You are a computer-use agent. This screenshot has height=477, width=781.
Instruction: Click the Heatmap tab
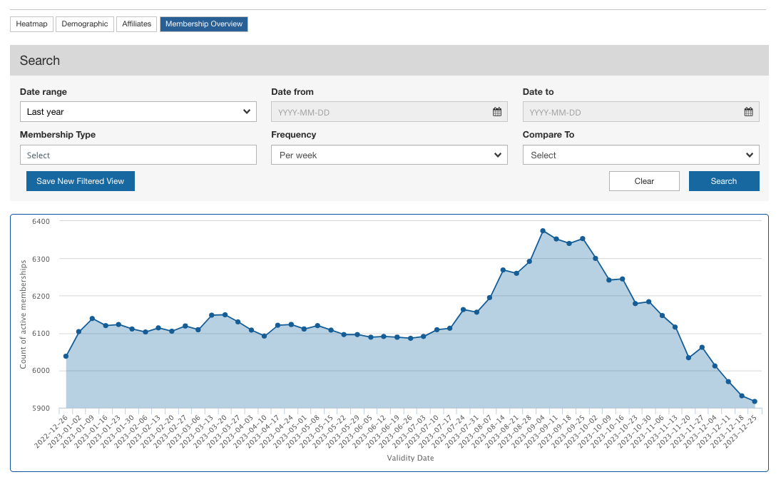point(32,24)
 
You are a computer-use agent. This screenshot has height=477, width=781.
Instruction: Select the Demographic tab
point(85,24)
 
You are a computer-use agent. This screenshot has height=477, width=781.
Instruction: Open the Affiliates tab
point(136,24)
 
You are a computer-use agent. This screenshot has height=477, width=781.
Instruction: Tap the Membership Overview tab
point(204,24)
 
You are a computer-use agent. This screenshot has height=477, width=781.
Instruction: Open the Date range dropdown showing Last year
point(138,111)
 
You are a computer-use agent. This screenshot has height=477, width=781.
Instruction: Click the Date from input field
point(389,112)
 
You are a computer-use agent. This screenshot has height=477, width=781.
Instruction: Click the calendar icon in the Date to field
point(749,112)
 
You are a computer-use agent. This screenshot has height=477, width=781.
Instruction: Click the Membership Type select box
point(138,155)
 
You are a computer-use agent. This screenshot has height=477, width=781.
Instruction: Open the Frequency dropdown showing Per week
point(389,155)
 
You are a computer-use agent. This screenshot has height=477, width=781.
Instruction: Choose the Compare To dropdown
point(640,155)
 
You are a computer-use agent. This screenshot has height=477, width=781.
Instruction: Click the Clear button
point(644,181)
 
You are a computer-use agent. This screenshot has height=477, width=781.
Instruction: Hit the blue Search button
point(724,181)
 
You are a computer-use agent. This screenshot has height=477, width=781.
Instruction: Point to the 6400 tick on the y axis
point(41,221)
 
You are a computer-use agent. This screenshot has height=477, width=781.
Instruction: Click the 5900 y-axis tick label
point(41,408)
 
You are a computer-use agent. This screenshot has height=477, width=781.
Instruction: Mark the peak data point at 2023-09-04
point(543,231)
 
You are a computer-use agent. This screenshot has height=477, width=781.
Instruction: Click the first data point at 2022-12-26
point(66,356)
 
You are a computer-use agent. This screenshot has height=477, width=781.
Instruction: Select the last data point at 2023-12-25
point(755,401)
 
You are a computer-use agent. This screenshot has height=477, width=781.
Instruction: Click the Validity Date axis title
point(410,458)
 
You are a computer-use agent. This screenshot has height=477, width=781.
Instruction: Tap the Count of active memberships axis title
point(23,314)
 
